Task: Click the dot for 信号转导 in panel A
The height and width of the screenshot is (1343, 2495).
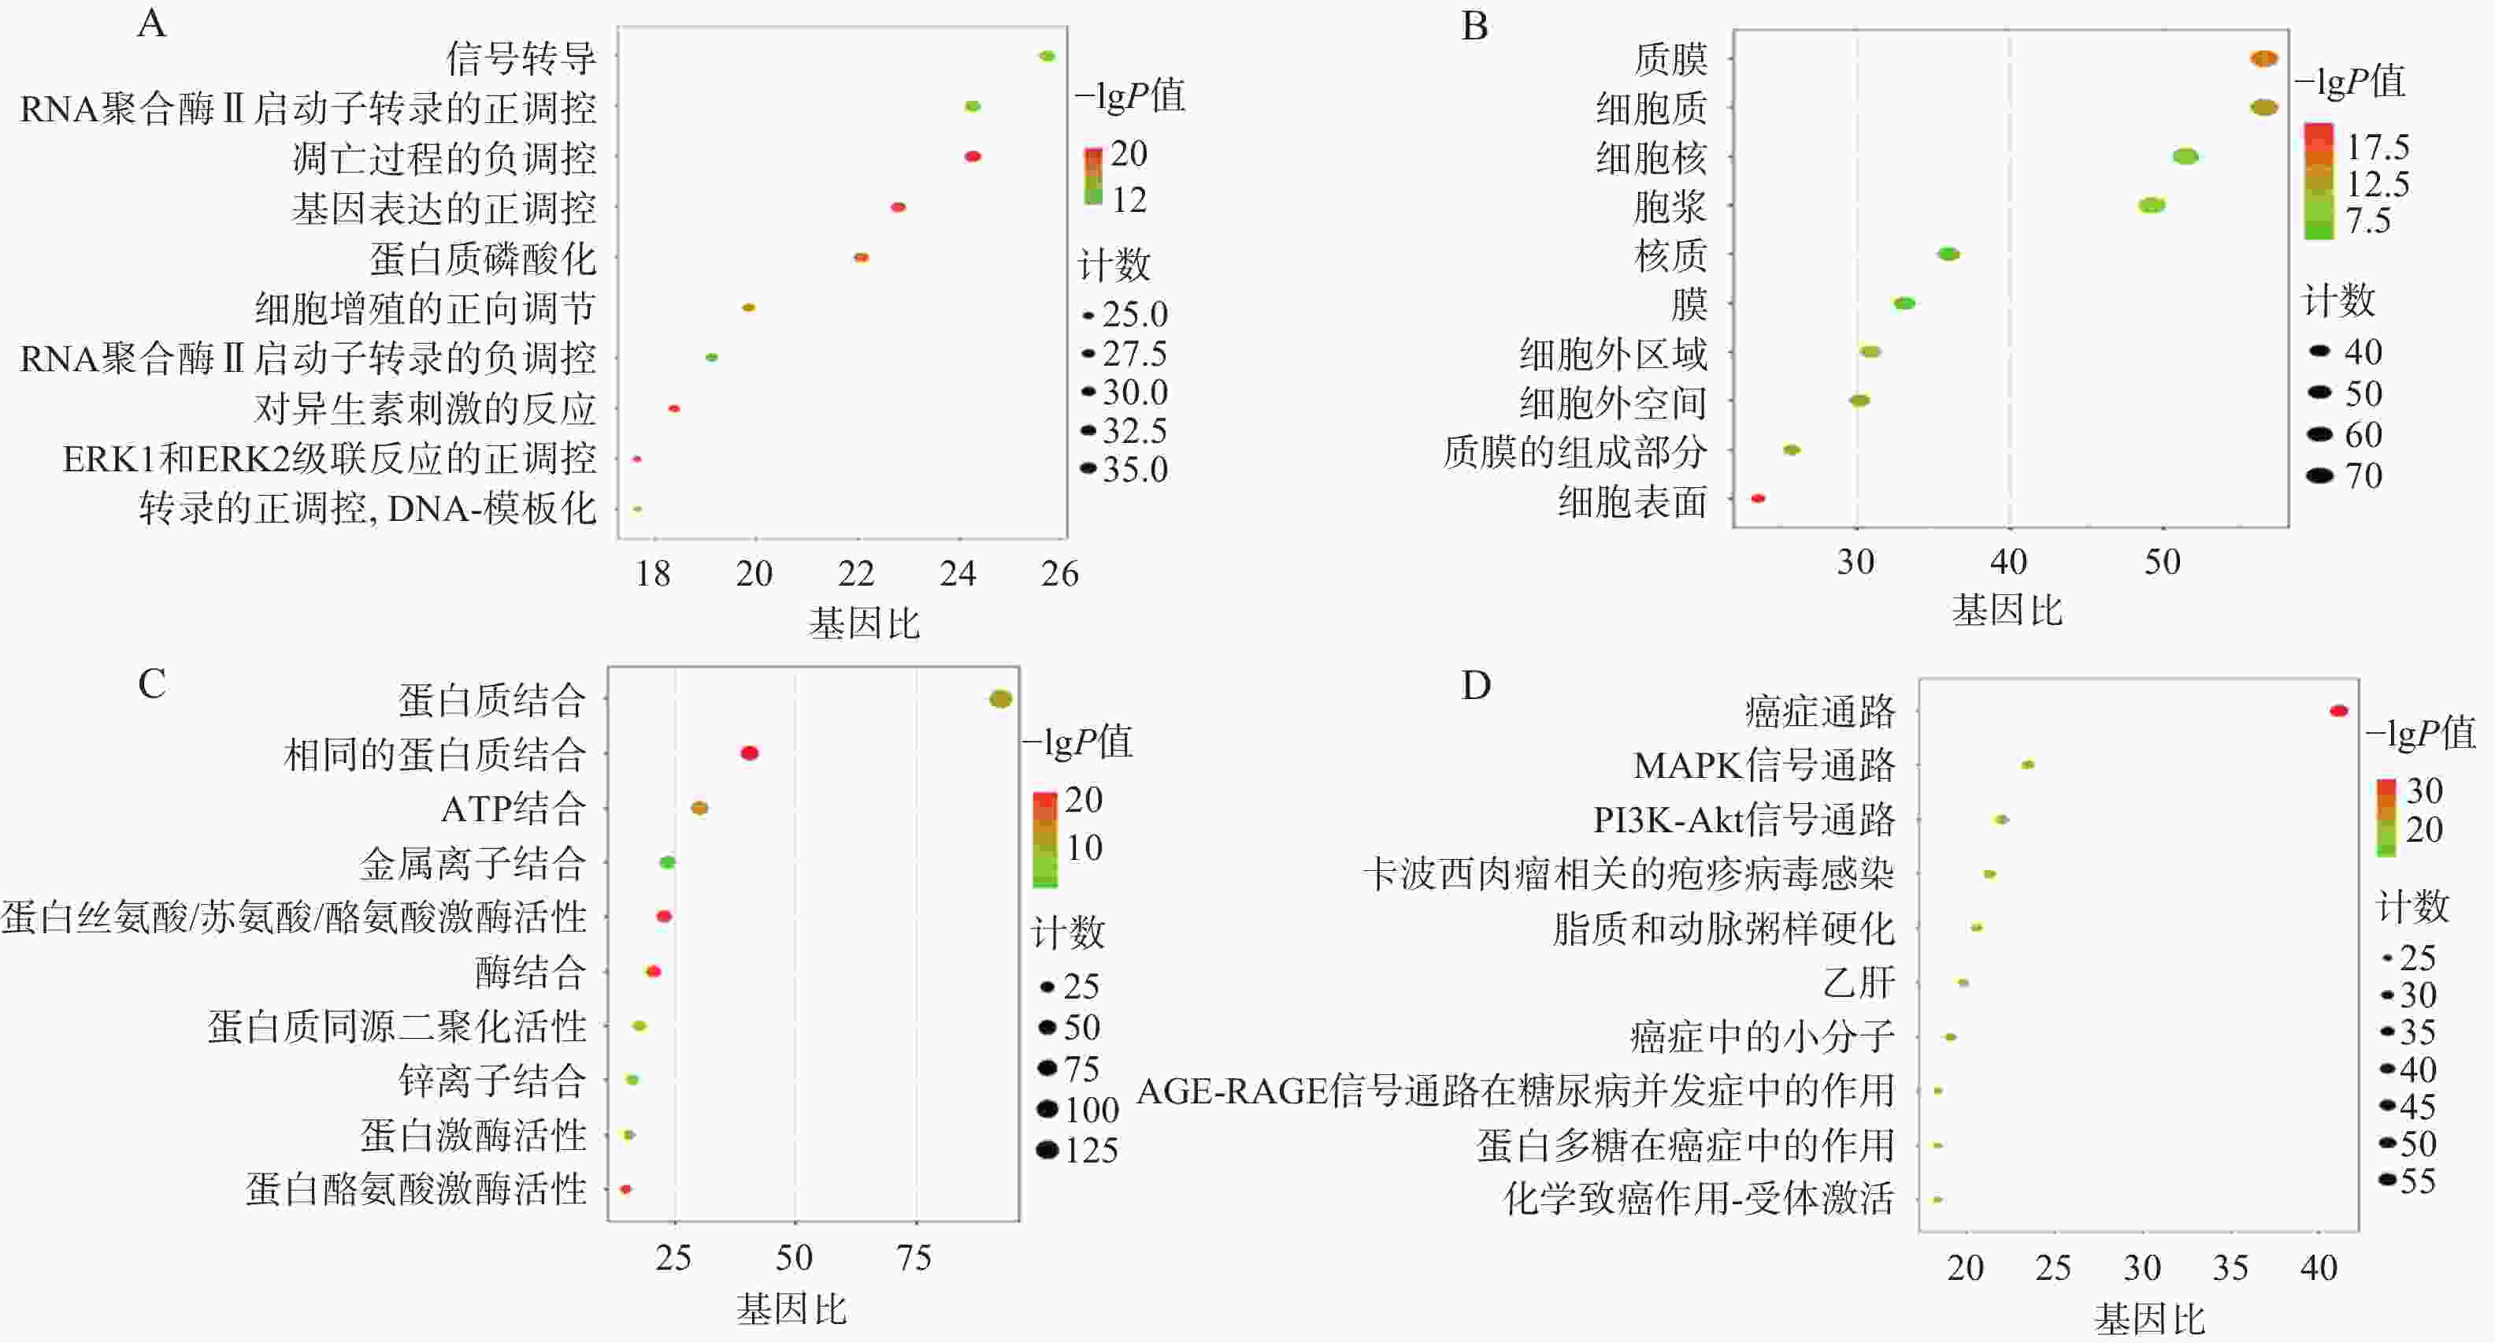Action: tap(1046, 56)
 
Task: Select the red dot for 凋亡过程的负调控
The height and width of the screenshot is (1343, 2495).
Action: tap(973, 156)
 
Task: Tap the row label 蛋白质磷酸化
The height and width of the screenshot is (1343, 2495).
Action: tap(482, 259)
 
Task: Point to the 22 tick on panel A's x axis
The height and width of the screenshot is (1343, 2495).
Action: tap(856, 574)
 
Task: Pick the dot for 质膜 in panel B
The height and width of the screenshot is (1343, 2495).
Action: tap(2263, 59)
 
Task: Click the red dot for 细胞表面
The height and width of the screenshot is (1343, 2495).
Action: tap(1758, 498)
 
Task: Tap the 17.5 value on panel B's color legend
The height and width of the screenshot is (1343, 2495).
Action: tap(2378, 147)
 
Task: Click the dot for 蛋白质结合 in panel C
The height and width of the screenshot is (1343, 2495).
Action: tap(1000, 698)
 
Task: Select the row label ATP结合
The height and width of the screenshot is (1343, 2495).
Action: tap(513, 808)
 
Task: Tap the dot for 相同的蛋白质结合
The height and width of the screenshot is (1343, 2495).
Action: tap(749, 753)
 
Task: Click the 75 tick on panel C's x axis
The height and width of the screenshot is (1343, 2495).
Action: tap(914, 1258)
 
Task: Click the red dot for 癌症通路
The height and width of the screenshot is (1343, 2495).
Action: tap(2338, 711)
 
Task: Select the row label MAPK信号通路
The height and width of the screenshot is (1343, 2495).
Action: tap(1763, 765)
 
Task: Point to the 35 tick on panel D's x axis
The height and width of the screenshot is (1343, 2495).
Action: tap(2230, 1267)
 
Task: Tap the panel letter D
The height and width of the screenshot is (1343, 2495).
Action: tap(1475, 685)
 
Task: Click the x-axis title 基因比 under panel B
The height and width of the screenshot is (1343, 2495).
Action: tap(2007, 611)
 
